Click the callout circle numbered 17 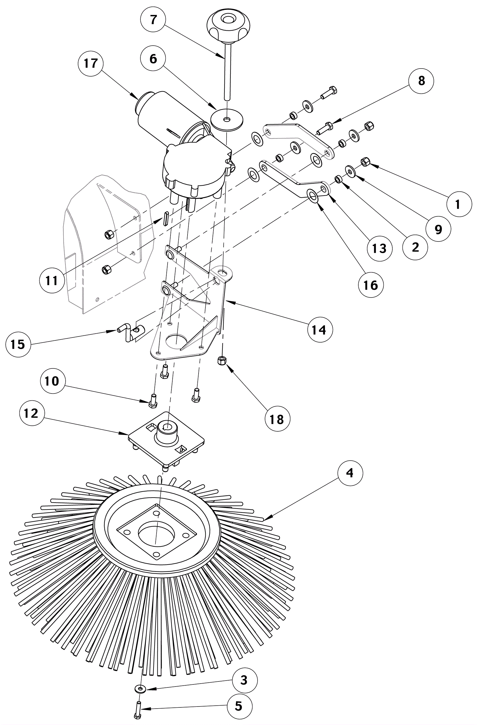pyautogui.click(x=90, y=64)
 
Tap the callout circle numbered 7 pyautogui.click(x=153, y=19)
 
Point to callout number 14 pyautogui.click(x=320, y=330)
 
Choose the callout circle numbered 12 pyautogui.click(x=31, y=413)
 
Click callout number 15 pyautogui.click(x=18, y=344)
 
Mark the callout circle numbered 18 pyautogui.click(x=277, y=419)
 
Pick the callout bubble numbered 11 pyautogui.click(x=52, y=280)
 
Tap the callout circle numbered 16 pyautogui.click(x=370, y=285)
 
